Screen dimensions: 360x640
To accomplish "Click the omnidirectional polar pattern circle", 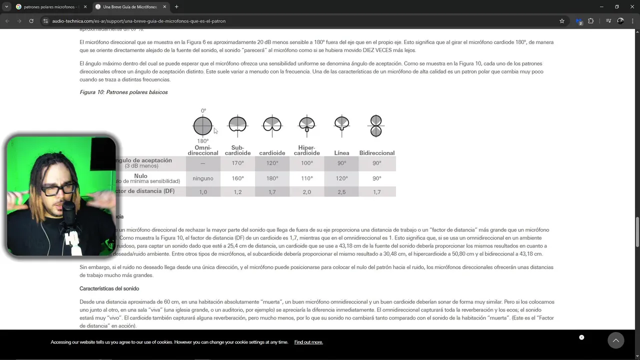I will point(202,125).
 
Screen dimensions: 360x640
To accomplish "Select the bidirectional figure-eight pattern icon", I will point(376,125).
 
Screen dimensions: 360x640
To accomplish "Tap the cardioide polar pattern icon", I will point(272,124).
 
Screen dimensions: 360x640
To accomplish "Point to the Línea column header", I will point(341,153).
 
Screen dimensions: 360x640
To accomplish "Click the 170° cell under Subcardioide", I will point(237,163).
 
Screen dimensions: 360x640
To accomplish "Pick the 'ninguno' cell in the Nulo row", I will point(203,178).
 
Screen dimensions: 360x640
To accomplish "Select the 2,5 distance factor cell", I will point(341,192).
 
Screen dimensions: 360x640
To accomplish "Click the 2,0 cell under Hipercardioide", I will point(306,192).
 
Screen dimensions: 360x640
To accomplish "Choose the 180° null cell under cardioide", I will point(272,178).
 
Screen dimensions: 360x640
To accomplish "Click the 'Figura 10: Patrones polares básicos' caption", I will point(123,92).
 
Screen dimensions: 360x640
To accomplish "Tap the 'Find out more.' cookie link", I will point(308,342).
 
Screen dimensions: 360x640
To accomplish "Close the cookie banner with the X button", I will point(581,337).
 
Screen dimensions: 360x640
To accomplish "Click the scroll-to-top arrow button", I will point(615,340).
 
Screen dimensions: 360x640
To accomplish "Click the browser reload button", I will point(31,21).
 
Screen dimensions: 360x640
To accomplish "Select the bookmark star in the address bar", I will point(562,21).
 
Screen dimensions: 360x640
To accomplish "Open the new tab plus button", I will point(176,6).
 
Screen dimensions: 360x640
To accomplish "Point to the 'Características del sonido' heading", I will point(109,288).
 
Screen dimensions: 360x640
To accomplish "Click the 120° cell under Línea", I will point(341,178).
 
